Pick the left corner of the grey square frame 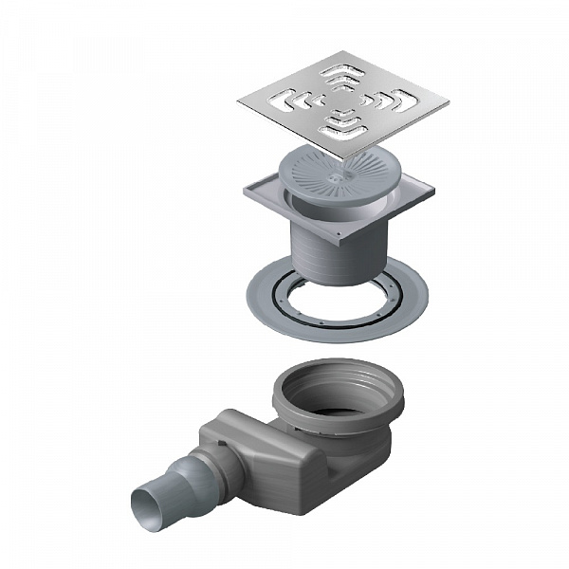[x=244, y=190]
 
